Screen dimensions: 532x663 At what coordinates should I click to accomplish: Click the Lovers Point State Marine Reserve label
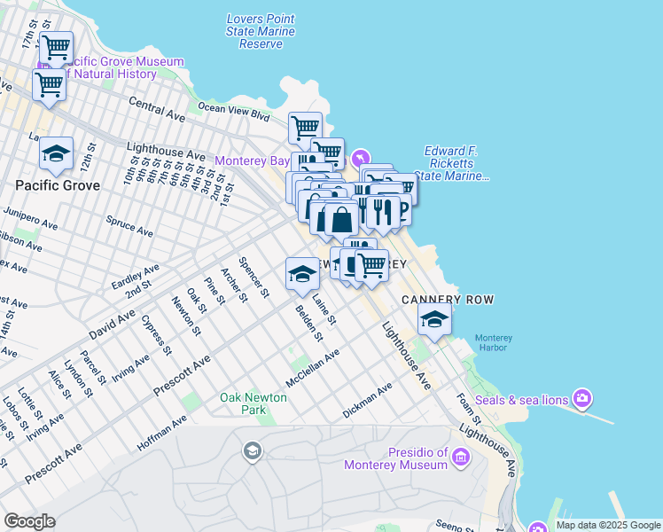tap(261, 31)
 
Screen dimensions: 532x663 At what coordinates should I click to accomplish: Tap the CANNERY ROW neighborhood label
tap(448, 300)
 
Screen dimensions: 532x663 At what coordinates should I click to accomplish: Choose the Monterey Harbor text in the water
tap(493, 342)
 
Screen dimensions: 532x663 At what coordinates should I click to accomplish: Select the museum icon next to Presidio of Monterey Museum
tap(460, 457)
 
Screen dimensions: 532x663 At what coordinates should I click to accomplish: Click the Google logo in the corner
tap(29, 520)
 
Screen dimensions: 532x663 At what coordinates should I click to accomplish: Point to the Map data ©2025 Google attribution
tap(608, 525)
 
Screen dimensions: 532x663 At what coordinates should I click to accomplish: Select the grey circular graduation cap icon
tap(252, 452)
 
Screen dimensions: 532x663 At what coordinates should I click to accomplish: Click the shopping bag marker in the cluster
tap(340, 218)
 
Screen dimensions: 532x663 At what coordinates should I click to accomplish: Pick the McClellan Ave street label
tap(312, 369)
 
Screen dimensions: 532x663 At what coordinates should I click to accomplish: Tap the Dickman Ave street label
tap(367, 402)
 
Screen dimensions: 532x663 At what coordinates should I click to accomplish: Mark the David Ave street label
tap(112, 325)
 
